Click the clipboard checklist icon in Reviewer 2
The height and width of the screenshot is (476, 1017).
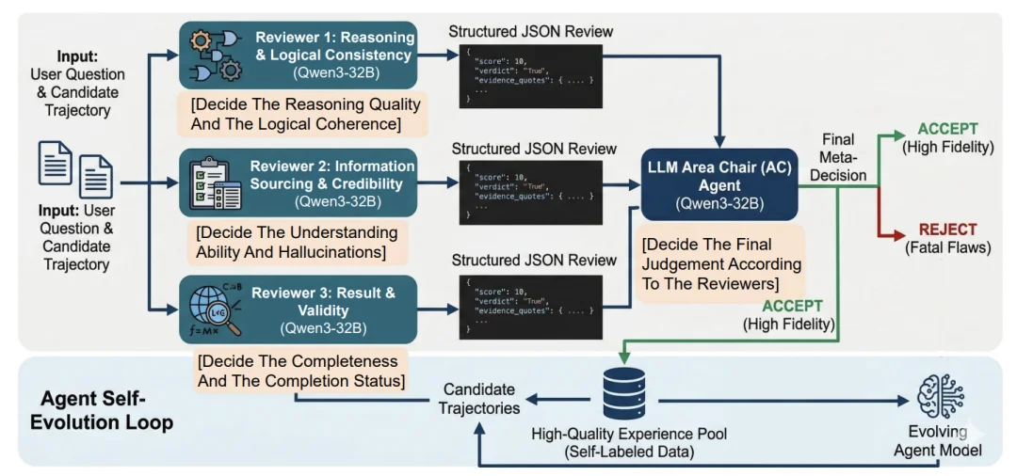215,183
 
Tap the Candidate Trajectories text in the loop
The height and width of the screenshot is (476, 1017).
478,399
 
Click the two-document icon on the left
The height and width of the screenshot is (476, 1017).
75,172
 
